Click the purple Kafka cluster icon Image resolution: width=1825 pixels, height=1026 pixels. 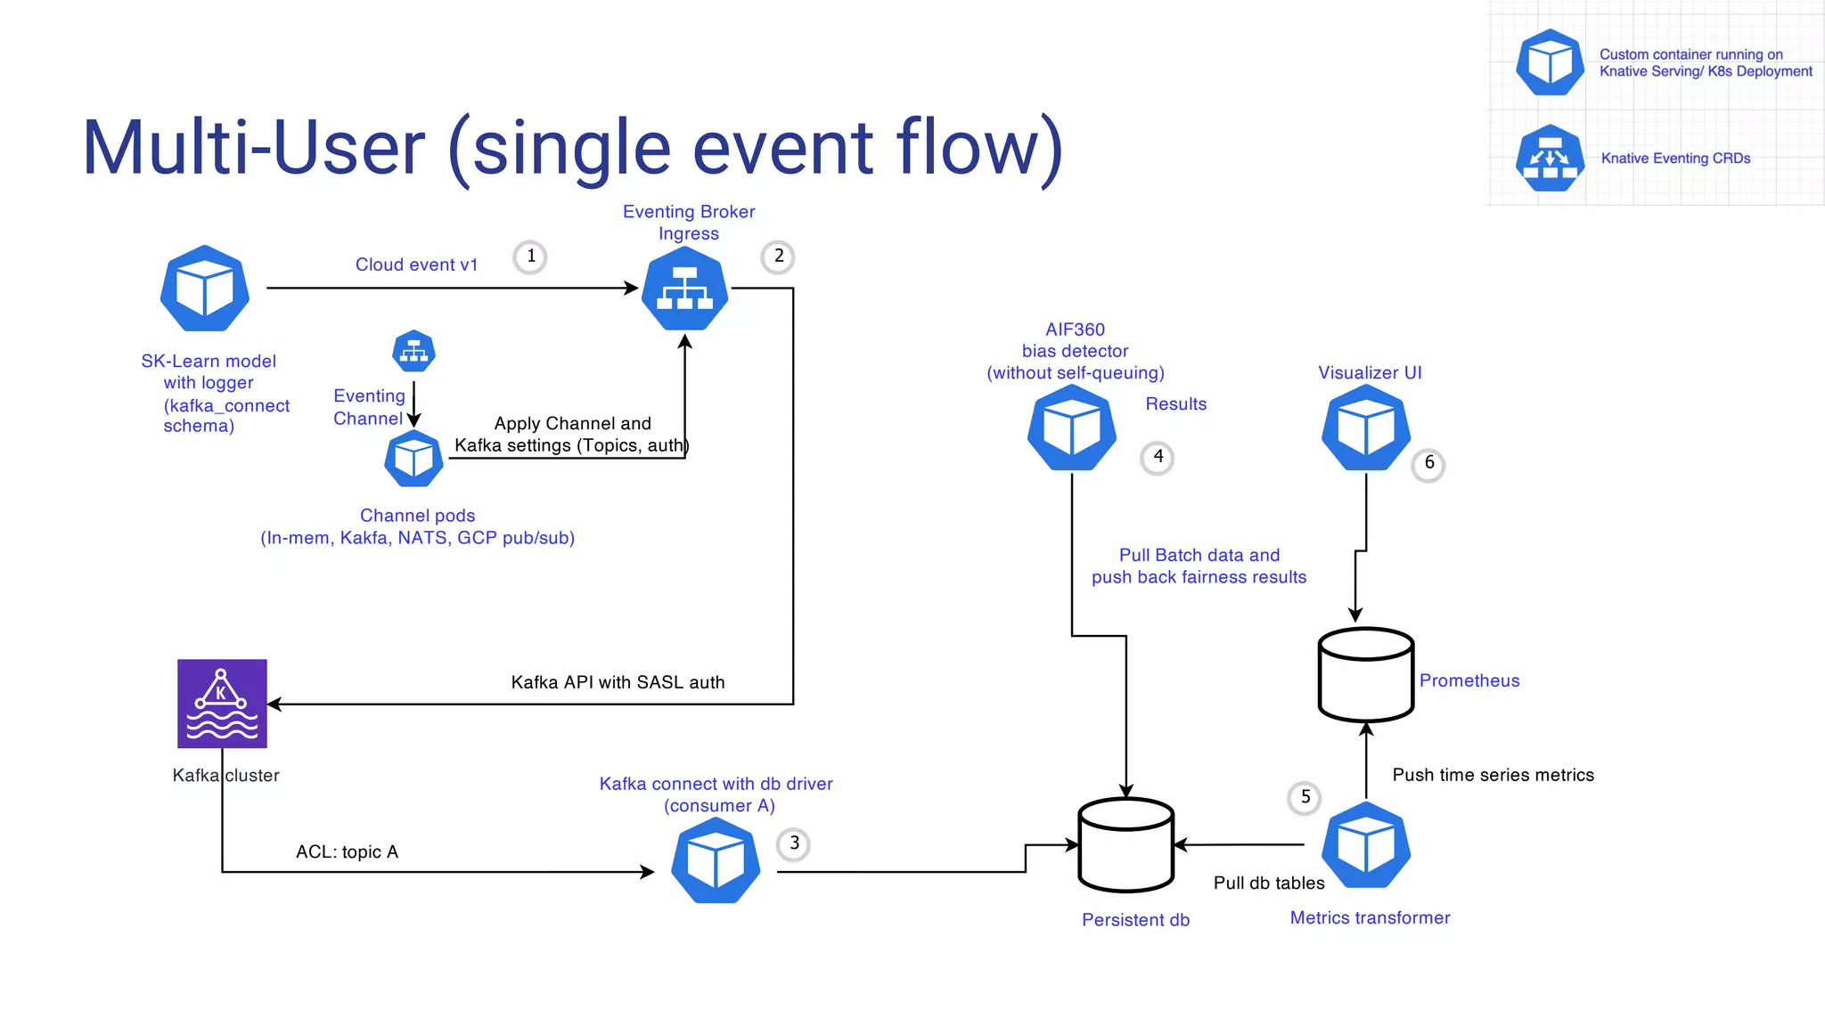click(x=222, y=704)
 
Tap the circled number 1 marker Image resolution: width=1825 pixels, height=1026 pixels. click(x=530, y=256)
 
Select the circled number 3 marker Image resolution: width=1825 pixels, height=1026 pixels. click(x=794, y=843)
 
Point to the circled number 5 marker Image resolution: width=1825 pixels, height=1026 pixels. click(x=1305, y=797)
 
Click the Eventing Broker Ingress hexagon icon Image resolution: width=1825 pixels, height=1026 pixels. click(x=684, y=289)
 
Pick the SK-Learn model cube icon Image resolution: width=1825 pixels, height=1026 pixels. click(x=205, y=289)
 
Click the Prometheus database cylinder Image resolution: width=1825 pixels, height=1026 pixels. click(x=1365, y=674)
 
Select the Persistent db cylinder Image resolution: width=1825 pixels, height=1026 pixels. click(x=1125, y=844)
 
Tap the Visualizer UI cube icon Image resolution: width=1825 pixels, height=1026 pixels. click(x=1365, y=428)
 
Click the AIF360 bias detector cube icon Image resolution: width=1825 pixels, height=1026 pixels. click(x=1071, y=428)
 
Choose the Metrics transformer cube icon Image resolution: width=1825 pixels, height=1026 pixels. click(x=1365, y=845)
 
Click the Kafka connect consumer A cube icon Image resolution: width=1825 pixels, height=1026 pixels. click(x=716, y=861)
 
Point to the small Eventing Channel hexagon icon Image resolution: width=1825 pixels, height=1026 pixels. click(x=413, y=352)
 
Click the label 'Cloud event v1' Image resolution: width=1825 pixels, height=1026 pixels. click(x=416, y=265)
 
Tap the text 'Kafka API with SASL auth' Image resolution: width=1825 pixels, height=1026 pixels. click(x=618, y=682)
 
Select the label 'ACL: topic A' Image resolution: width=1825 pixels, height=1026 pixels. click(x=347, y=852)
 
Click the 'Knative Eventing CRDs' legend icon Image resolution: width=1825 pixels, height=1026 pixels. click(x=1550, y=159)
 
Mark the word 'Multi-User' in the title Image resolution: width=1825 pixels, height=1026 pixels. click(x=254, y=148)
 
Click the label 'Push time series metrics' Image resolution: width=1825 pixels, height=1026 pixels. click(x=1493, y=775)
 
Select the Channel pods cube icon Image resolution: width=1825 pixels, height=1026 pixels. click(x=413, y=459)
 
